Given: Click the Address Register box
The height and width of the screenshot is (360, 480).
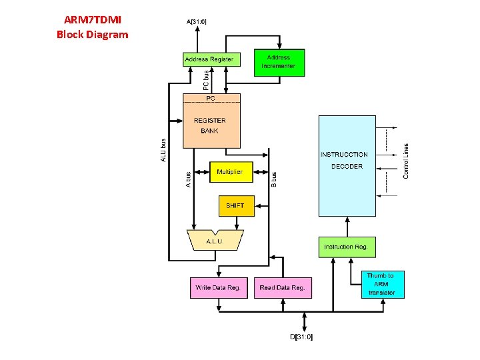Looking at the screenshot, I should coord(209,59).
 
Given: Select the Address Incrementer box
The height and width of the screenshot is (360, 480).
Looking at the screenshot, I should coord(279,62).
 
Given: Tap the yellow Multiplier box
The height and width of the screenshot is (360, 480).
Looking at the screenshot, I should coord(230,172).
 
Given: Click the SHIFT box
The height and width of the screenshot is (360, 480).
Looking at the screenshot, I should coord(235,206).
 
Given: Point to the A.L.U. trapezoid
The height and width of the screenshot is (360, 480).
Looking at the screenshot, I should coord(215,241).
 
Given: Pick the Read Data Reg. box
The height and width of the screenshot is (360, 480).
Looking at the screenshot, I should coord(283,288).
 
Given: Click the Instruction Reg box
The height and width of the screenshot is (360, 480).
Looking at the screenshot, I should coord(347,247).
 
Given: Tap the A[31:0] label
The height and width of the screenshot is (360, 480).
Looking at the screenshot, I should coord(197,21).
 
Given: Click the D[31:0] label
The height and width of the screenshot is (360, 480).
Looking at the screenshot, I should coord(301,337).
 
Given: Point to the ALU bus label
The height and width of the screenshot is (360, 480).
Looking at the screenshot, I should coord(163,150).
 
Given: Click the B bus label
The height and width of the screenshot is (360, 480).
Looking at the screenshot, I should coord(273,178).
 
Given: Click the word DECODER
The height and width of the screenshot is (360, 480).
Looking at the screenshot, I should coord(347,167).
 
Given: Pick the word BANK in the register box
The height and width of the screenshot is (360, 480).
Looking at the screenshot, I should coord(210,131).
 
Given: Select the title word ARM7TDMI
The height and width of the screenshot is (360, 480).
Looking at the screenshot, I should coord(93,20).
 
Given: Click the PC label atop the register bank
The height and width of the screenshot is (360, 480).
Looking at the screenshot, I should coord(210,98).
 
